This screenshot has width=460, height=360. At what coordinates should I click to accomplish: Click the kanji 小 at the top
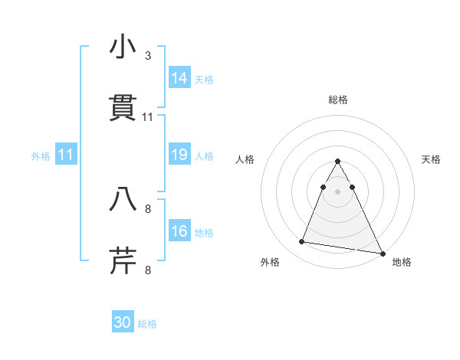(x=123, y=48)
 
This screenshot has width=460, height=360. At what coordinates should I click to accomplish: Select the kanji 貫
(x=123, y=108)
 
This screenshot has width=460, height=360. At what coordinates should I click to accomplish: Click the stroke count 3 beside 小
(x=147, y=56)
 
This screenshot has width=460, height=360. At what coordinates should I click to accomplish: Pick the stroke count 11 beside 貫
(x=148, y=116)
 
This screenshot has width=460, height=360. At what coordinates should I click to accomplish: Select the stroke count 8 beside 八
(x=147, y=208)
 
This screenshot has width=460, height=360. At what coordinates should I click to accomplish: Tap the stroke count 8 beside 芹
(x=147, y=270)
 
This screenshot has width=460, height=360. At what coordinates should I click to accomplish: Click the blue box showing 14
(x=179, y=78)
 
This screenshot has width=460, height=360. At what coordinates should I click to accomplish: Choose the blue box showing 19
(x=179, y=155)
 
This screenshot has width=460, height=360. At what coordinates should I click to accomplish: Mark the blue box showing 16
(x=179, y=231)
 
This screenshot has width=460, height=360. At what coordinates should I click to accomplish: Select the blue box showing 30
(x=123, y=322)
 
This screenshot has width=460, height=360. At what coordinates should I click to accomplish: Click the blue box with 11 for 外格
(x=66, y=155)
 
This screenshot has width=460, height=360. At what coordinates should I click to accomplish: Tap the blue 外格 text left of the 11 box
(x=41, y=156)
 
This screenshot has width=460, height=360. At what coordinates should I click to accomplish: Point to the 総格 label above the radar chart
(x=338, y=100)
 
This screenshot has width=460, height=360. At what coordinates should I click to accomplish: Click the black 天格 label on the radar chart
(x=432, y=159)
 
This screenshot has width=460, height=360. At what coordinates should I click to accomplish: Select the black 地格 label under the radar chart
(x=402, y=262)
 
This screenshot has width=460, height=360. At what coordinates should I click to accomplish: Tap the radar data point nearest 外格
(x=302, y=242)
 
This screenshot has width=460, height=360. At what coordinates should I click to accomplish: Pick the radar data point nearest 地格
(x=382, y=253)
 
